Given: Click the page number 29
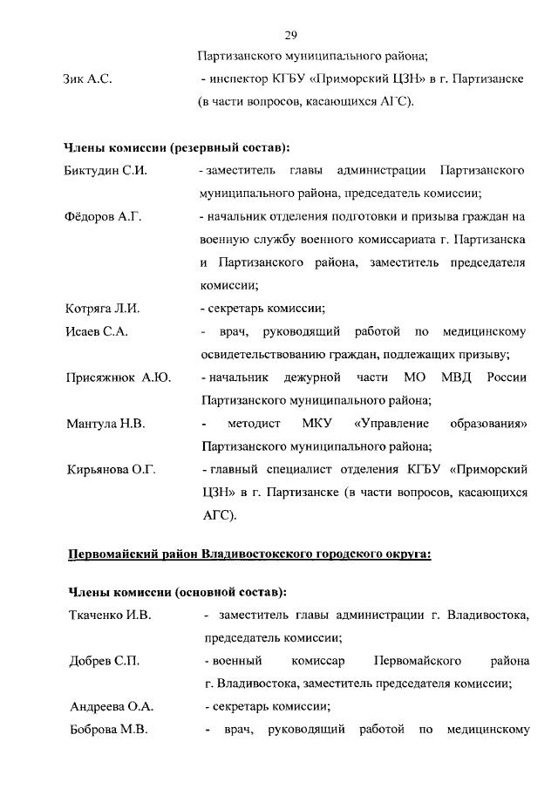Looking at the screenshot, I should tap(292, 36).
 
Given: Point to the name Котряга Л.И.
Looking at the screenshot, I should tap(103, 308).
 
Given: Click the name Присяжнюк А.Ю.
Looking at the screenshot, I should tap(118, 377).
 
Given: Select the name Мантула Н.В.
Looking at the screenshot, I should tap(105, 424).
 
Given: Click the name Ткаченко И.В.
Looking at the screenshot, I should tap(110, 616).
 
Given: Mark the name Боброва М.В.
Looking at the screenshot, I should tap(107, 728).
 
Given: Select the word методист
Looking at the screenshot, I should tap(254, 424).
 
